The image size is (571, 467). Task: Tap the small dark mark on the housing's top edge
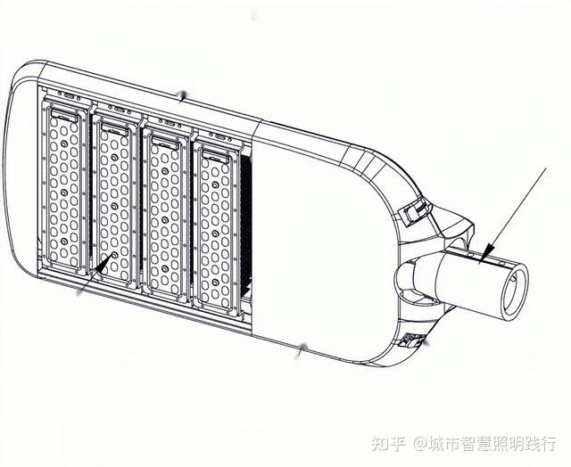(184, 94)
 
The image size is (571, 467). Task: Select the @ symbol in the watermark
(417, 443)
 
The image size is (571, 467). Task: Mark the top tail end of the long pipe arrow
(544, 169)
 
